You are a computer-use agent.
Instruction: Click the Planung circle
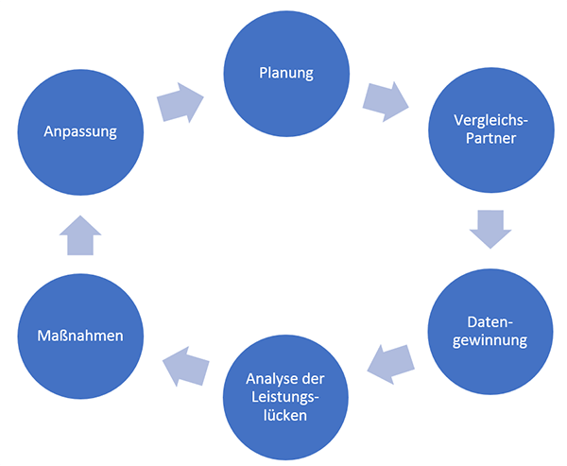pyautogui.click(x=284, y=73)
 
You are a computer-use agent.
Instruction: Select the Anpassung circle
pyautogui.click(x=80, y=131)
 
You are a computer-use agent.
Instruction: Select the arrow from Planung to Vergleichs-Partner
pyautogui.click(x=387, y=100)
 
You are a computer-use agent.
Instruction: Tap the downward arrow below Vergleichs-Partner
pyautogui.click(x=490, y=229)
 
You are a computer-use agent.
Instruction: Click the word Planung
pyautogui.click(x=284, y=73)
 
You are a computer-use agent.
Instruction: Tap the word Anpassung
pyautogui.click(x=80, y=131)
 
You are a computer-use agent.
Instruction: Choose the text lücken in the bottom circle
pyautogui.click(x=284, y=414)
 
